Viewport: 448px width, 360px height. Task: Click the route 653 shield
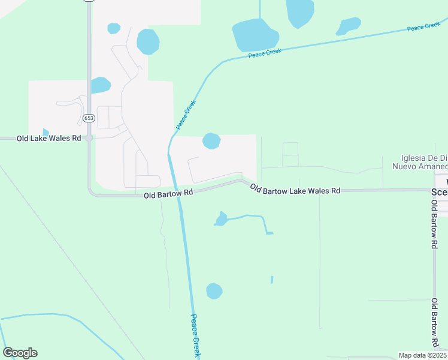(x=89, y=118)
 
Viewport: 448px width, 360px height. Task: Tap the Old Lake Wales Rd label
(x=49, y=139)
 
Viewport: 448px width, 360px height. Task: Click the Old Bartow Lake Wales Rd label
(x=295, y=190)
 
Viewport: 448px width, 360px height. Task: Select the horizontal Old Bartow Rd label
(x=168, y=194)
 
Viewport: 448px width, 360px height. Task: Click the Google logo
(x=20, y=353)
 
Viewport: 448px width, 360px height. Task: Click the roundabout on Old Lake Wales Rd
(x=89, y=138)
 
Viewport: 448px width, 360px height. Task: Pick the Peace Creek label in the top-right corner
(x=423, y=28)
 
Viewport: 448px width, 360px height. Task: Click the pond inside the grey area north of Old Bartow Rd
(x=211, y=141)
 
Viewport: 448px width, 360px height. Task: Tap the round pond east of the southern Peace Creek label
(x=214, y=291)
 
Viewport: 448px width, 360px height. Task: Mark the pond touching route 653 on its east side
(x=100, y=85)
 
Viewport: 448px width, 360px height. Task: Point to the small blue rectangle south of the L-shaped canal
(x=272, y=280)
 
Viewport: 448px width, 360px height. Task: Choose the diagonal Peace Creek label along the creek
(x=186, y=115)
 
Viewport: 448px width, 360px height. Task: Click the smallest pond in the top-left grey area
(x=113, y=28)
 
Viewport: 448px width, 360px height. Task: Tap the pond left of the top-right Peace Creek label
(x=349, y=26)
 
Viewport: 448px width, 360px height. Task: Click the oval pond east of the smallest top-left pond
(x=148, y=41)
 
